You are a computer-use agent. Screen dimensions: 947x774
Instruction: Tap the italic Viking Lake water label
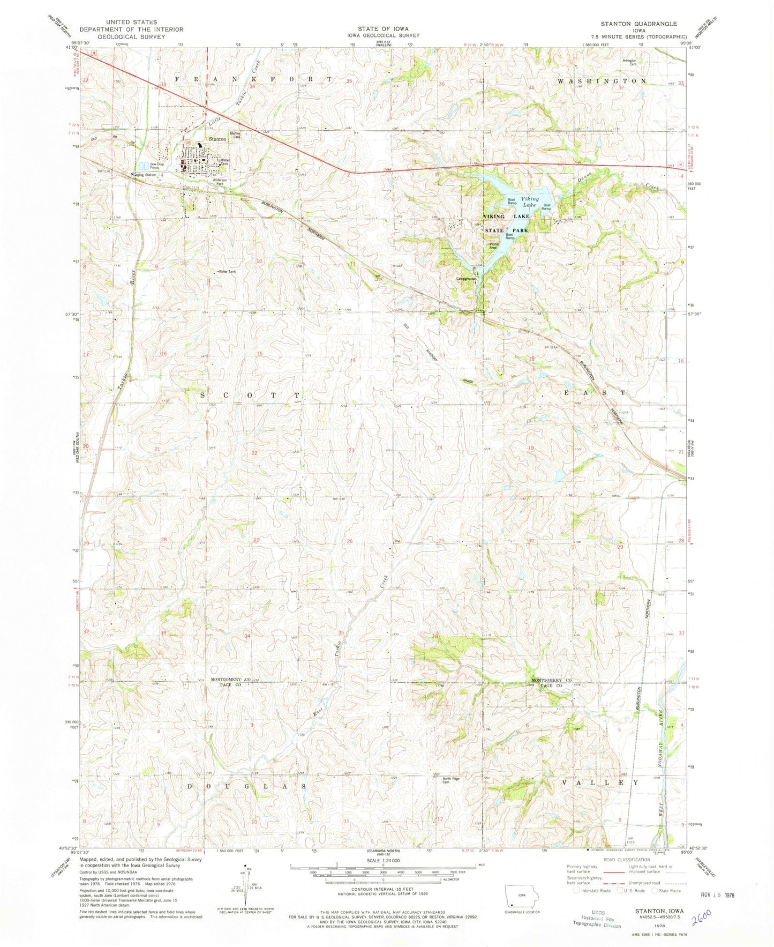click(530, 202)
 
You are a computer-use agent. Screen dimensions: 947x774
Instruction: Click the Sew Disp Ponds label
click(142, 166)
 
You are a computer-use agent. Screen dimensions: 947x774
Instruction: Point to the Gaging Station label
click(145, 175)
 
